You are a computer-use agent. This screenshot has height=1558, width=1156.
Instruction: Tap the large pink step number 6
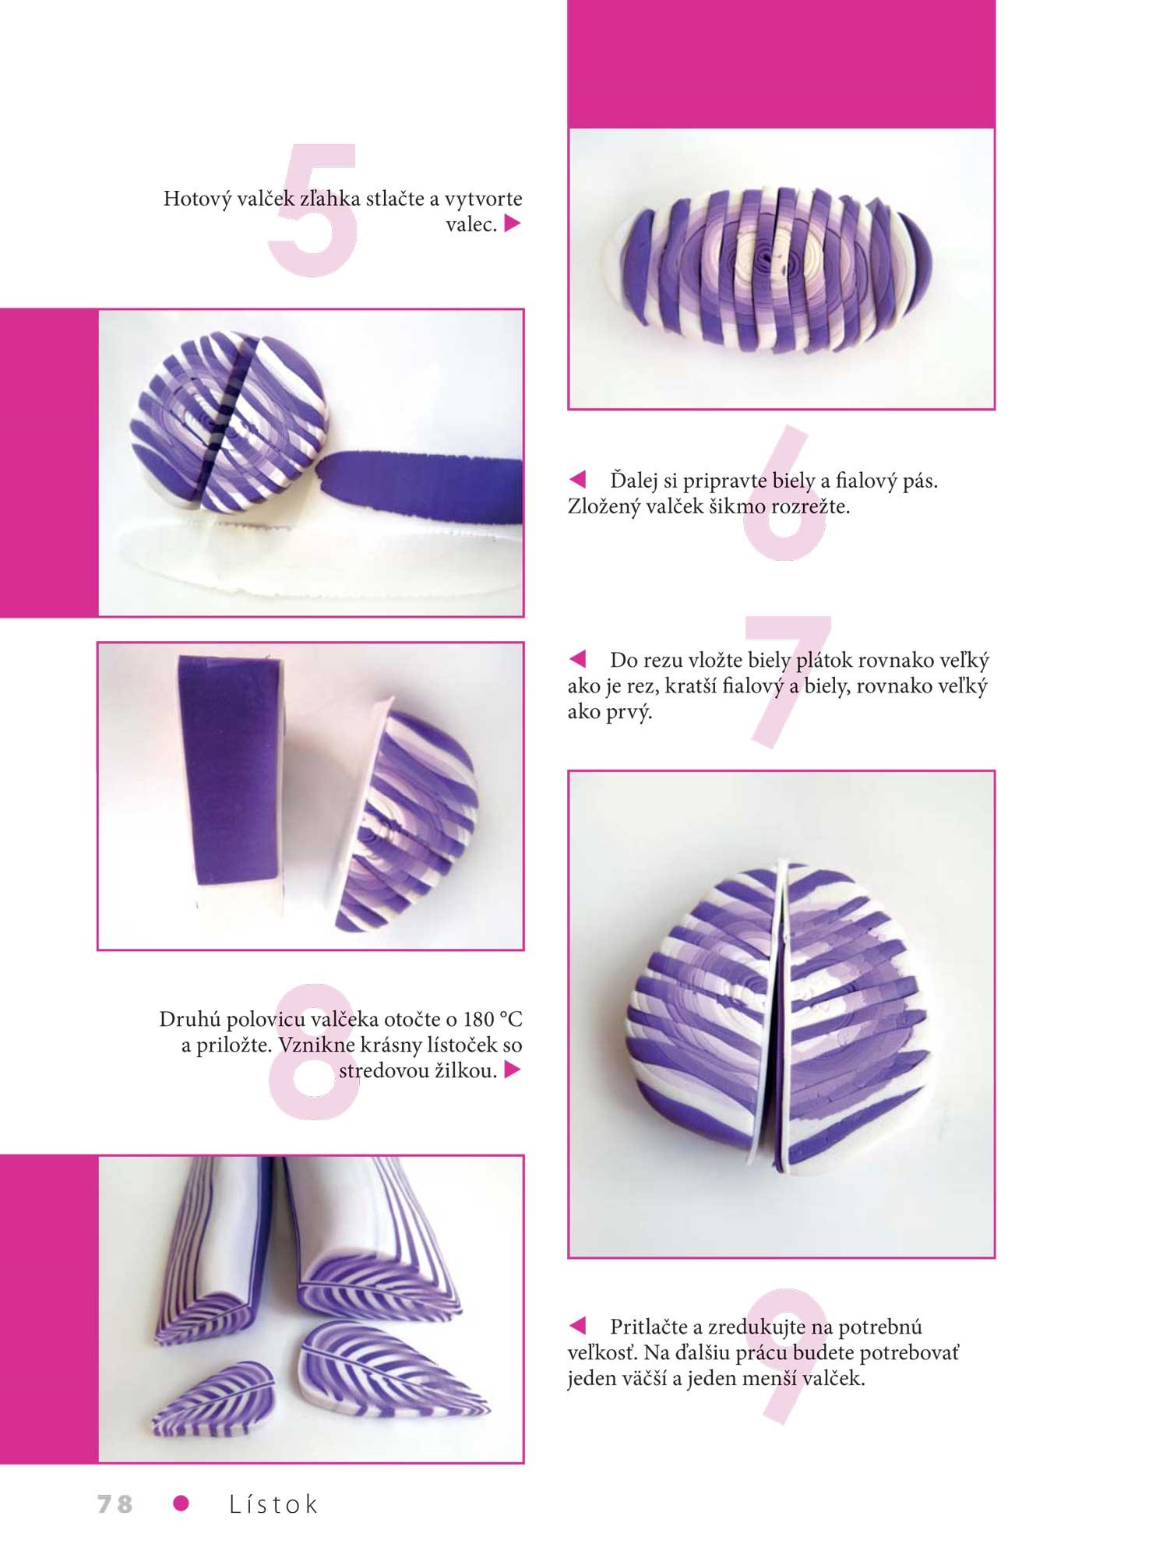[783, 492]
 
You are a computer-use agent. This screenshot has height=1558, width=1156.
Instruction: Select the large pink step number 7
[787, 682]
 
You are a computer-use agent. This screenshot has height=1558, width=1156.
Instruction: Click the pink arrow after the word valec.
[512, 224]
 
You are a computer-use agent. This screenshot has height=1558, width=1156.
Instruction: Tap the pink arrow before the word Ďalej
[577, 478]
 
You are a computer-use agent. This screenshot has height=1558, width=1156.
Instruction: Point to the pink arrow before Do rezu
[577, 659]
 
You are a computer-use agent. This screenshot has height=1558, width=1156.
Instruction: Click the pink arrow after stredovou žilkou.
[512, 1070]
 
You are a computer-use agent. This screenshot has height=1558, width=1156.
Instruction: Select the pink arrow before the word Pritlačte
[577, 1325]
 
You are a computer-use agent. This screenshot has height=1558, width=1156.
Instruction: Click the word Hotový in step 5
[197, 199]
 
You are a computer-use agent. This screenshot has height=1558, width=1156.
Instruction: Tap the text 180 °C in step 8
[492, 1018]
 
